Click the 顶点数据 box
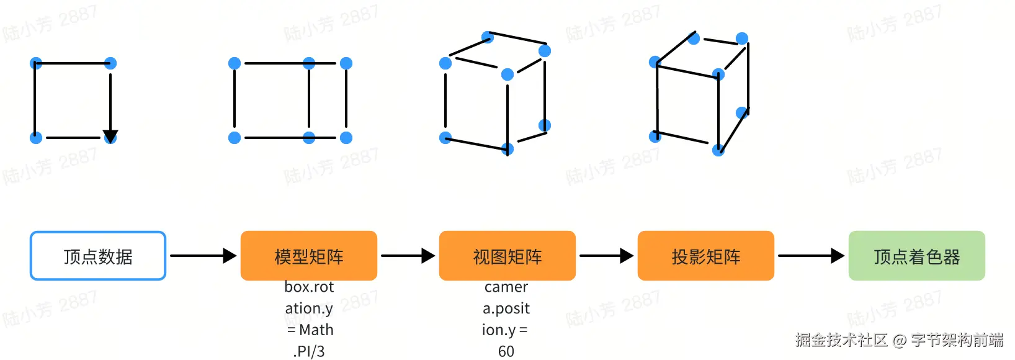coord(98,256)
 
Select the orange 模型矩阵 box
coord(308,256)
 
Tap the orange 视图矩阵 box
coord(507,256)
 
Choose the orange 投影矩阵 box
coord(705,256)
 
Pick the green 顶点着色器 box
coord(916,256)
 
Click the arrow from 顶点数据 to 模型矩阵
coord(203,255)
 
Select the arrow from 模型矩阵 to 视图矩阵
coord(408,255)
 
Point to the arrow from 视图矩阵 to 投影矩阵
coord(606,255)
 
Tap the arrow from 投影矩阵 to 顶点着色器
coord(811,255)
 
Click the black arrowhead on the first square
coord(110,136)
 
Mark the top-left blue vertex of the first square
coord(36,63)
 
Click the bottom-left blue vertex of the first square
coord(36,137)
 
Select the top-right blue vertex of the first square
coord(110,63)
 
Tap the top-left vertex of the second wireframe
coord(235,63)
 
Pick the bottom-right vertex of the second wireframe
coord(346,137)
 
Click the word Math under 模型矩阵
coord(316,330)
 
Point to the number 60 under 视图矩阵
coord(506,351)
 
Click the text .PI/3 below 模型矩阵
coord(309,351)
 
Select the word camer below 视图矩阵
coord(506,287)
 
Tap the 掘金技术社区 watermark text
coord(841,340)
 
